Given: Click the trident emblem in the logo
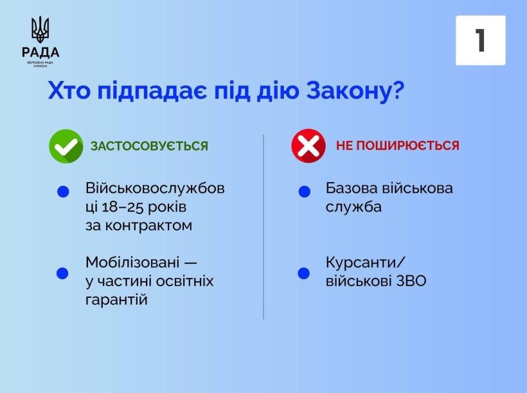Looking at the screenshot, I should tap(40, 30).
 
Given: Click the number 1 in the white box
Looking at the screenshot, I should tap(480, 41).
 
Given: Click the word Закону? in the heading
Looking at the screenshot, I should tap(353, 92).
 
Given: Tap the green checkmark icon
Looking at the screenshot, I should tap(66, 146).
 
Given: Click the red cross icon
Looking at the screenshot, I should tap(308, 146).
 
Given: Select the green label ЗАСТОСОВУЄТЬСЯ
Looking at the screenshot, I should tap(149, 146).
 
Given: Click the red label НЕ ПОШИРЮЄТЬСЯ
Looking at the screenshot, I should tap(397, 146).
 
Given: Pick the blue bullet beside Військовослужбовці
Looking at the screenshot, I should tap(63, 192).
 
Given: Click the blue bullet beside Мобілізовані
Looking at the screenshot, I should tap(62, 273).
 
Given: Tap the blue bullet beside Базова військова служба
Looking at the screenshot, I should tap(305, 192).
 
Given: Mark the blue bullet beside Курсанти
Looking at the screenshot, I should tap(304, 273).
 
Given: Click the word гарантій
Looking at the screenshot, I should tap(116, 300).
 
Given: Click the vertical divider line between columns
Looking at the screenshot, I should tap(263, 225).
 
